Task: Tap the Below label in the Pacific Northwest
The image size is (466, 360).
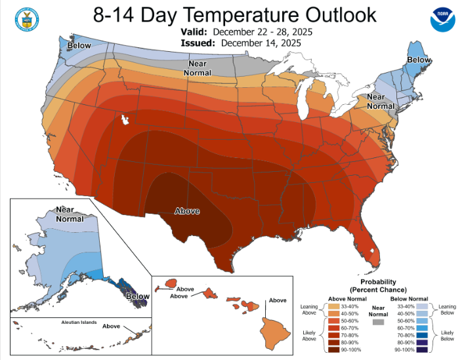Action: pos(79,45)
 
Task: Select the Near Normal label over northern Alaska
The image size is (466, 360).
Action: pos(69,214)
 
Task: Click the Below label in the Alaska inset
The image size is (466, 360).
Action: pos(138,296)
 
